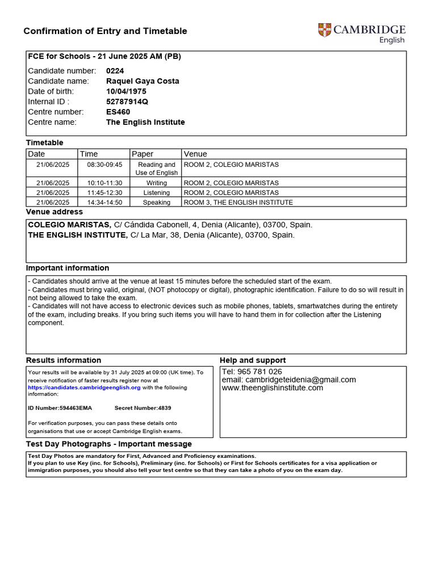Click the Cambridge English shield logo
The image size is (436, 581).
tap(325, 31)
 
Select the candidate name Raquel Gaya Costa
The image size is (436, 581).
tap(142, 81)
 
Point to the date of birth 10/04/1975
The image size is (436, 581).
tap(125, 91)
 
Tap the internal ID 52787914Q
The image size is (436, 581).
tap(128, 102)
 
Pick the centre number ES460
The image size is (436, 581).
tap(118, 112)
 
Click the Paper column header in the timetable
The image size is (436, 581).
tap(142, 154)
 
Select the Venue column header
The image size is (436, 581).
tap(195, 154)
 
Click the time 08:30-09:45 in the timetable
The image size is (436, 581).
tap(104, 165)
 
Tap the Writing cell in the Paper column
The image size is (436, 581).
tap(156, 183)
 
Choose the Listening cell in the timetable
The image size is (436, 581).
tap(156, 193)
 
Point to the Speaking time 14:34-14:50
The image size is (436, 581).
tap(104, 202)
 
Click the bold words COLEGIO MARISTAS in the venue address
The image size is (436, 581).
tap(69, 225)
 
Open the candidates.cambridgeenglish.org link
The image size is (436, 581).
tap(84, 388)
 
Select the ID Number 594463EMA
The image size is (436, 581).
tap(60, 408)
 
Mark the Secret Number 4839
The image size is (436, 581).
tap(142, 408)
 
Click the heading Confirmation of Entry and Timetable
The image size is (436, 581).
tap(105, 31)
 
